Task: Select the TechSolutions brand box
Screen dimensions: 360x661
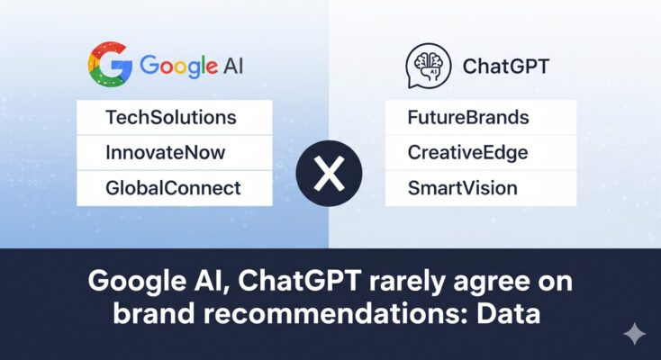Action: pyautogui.click(x=174, y=118)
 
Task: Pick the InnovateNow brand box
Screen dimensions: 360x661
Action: pyautogui.click(x=174, y=153)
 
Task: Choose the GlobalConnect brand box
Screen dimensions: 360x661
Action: pyautogui.click(x=174, y=188)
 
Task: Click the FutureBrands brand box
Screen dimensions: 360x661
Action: pyautogui.click(x=481, y=118)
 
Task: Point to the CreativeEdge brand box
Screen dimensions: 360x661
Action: pyautogui.click(x=481, y=153)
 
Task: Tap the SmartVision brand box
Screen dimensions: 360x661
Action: pyautogui.click(x=481, y=188)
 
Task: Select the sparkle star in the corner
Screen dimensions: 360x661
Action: pyautogui.click(x=635, y=334)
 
